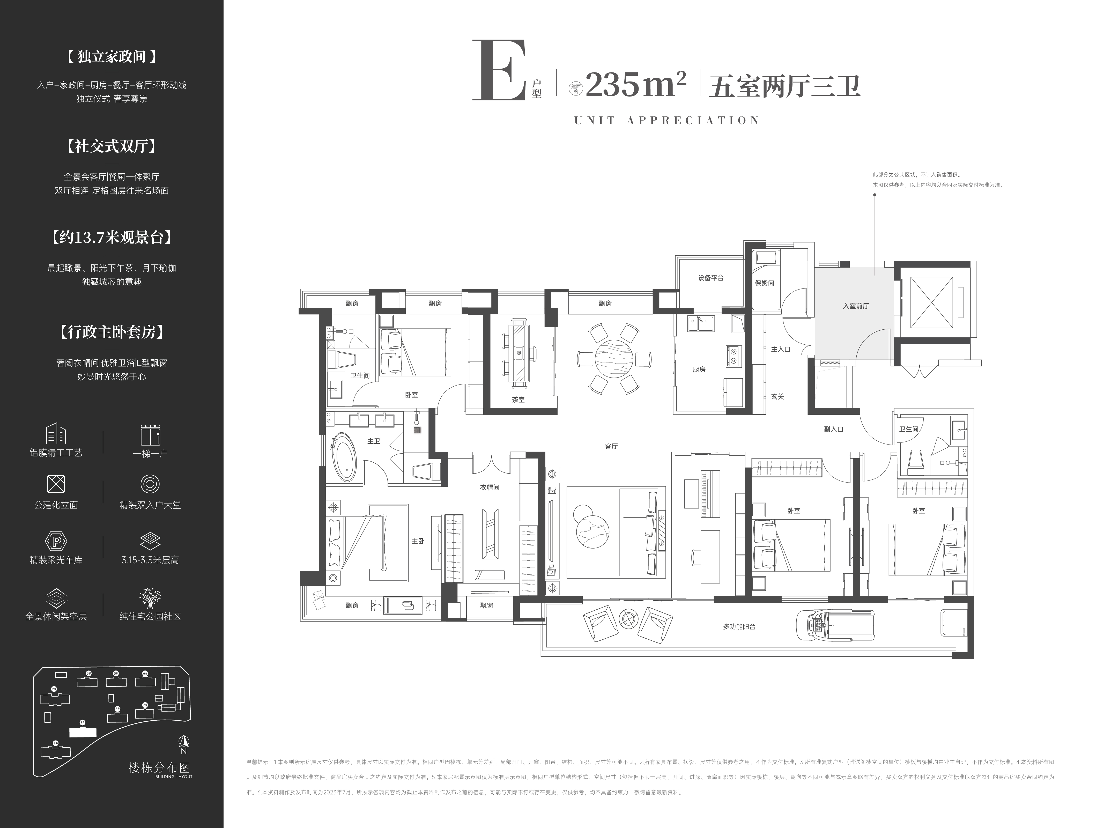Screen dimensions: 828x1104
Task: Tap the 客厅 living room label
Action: point(611,446)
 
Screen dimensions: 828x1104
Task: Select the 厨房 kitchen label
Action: point(699,369)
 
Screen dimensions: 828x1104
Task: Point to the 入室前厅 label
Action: point(855,306)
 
